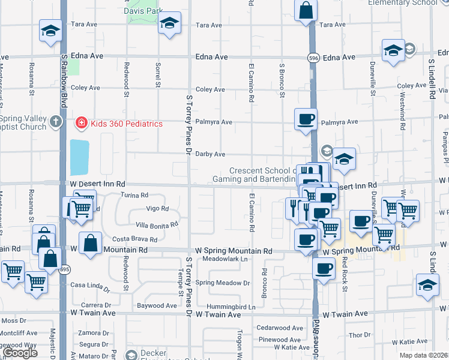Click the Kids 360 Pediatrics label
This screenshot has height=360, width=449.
126,124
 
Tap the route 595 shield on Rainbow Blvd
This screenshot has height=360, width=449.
63,269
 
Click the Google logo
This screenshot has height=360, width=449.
19,353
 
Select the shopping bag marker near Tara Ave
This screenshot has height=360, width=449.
306,11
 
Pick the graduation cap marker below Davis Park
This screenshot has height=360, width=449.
169,25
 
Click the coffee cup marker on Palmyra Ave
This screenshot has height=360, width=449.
306,119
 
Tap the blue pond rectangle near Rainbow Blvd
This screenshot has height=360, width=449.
79,158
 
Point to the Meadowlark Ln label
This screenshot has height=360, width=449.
224,259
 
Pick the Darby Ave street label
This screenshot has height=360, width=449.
212,154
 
